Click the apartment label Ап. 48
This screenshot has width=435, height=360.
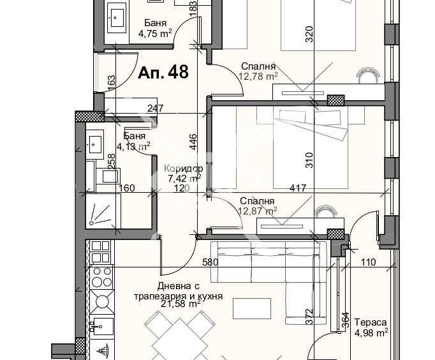tap(163, 73)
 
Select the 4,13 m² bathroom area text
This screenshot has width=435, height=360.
tap(136, 146)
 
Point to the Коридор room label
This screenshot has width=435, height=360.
tap(182, 169)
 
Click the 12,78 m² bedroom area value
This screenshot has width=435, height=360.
tap(258, 77)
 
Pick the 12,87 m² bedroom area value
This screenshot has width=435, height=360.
tap(258, 211)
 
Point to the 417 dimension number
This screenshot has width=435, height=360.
tap(297, 189)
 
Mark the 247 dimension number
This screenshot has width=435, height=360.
tap(156, 109)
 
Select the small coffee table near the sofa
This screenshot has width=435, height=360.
tap(247, 308)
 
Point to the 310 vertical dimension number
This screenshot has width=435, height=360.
tap(309, 158)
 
